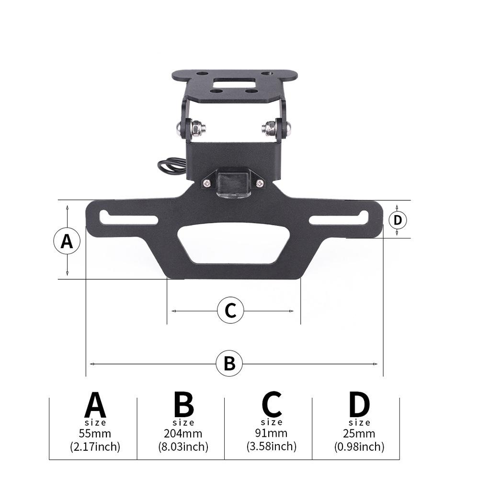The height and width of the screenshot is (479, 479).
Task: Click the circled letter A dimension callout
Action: (67, 241)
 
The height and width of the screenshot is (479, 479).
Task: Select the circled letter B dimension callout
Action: (230, 364)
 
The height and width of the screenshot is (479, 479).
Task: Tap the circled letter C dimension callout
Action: (230, 310)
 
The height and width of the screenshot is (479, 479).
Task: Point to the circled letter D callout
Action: (398, 220)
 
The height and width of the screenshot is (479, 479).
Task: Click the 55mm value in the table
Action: (95, 434)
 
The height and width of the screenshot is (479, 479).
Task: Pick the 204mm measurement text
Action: (183, 434)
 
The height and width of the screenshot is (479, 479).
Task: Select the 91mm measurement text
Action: (271, 433)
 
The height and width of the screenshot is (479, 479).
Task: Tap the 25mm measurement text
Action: (359, 434)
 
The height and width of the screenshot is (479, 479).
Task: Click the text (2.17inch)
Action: (95, 447)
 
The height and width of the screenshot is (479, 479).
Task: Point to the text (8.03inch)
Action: (183, 447)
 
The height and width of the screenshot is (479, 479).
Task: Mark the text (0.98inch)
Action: (359, 447)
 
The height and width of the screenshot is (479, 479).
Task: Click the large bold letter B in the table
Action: (183, 405)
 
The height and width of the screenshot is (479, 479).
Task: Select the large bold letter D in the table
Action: (359, 405)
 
